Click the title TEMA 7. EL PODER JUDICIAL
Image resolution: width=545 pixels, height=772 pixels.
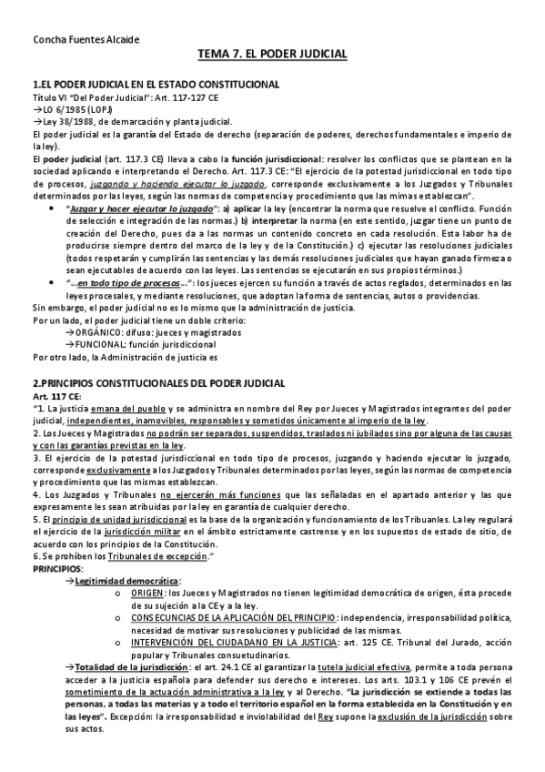tap(272, 55)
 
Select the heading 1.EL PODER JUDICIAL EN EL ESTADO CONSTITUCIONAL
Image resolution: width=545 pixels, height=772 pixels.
tap(156, 84)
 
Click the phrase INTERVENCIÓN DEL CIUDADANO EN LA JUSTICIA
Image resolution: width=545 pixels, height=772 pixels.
tap(231, 642)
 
